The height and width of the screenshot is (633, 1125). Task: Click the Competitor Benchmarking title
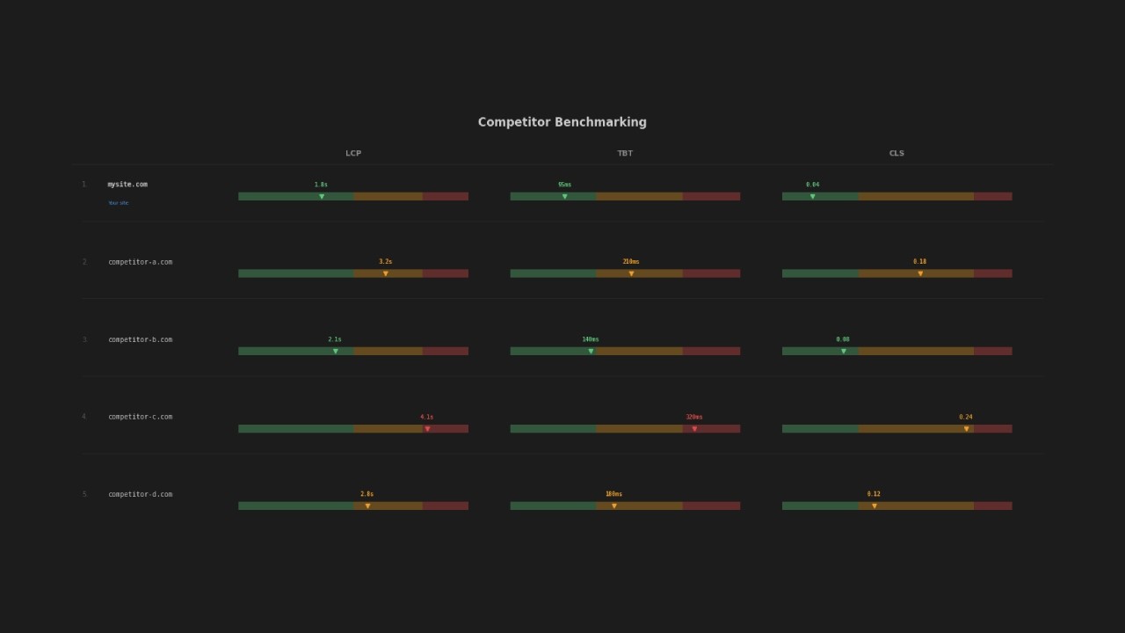(x=562, y=122)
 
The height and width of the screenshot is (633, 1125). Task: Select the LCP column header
(x=353, y=154)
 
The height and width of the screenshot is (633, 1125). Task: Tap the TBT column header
(x=625, y=154)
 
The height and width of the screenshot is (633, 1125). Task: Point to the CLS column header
(x=896, y=154)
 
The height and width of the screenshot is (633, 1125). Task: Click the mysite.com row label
(x=127, y=185)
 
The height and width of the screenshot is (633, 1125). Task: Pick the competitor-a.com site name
(x=141, y=262)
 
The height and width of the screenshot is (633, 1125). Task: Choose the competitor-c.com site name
(x=141, y=417)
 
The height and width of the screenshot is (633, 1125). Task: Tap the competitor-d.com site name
(x=141, y=494)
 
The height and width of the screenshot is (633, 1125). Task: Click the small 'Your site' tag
(x=118, y=203)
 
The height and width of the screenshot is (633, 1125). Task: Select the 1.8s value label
(x=321, y=185)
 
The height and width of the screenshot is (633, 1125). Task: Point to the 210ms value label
(x=631, y=262)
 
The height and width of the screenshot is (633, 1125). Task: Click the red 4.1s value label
(x=426, y=417)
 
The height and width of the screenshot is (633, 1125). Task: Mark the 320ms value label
(x=694, y=417)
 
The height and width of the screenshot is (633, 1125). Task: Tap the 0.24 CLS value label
(x=966, y=417)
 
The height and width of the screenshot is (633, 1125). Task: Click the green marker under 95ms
(x=565, y=197)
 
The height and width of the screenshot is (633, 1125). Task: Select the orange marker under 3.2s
(x=386, y=274)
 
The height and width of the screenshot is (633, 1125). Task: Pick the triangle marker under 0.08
(x=844, y=352)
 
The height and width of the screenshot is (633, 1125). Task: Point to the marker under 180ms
(x=614, y=506)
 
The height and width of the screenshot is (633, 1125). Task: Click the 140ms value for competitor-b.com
(x=591, y=339)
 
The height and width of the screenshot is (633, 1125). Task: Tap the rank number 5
(x=84, y=494)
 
